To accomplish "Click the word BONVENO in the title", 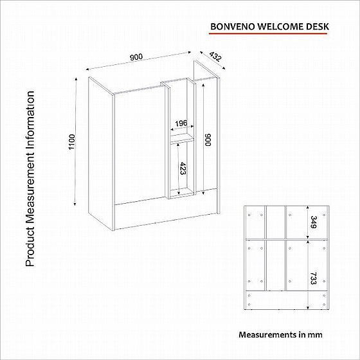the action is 232,27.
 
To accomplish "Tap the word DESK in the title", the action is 318,27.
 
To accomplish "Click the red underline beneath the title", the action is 268,33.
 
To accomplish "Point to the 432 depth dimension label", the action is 215,57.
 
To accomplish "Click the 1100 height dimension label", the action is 72,141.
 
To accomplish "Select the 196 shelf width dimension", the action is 181,123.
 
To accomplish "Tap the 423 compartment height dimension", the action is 183,168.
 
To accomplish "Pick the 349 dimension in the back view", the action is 314,222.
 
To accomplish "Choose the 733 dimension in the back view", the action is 314,278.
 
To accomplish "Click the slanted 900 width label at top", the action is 136,57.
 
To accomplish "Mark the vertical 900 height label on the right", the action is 208,139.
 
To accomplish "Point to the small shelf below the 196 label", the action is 182,138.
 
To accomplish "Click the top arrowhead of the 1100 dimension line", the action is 76,79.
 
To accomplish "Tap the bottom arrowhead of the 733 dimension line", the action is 308,307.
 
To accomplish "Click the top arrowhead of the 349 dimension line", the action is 308,207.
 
